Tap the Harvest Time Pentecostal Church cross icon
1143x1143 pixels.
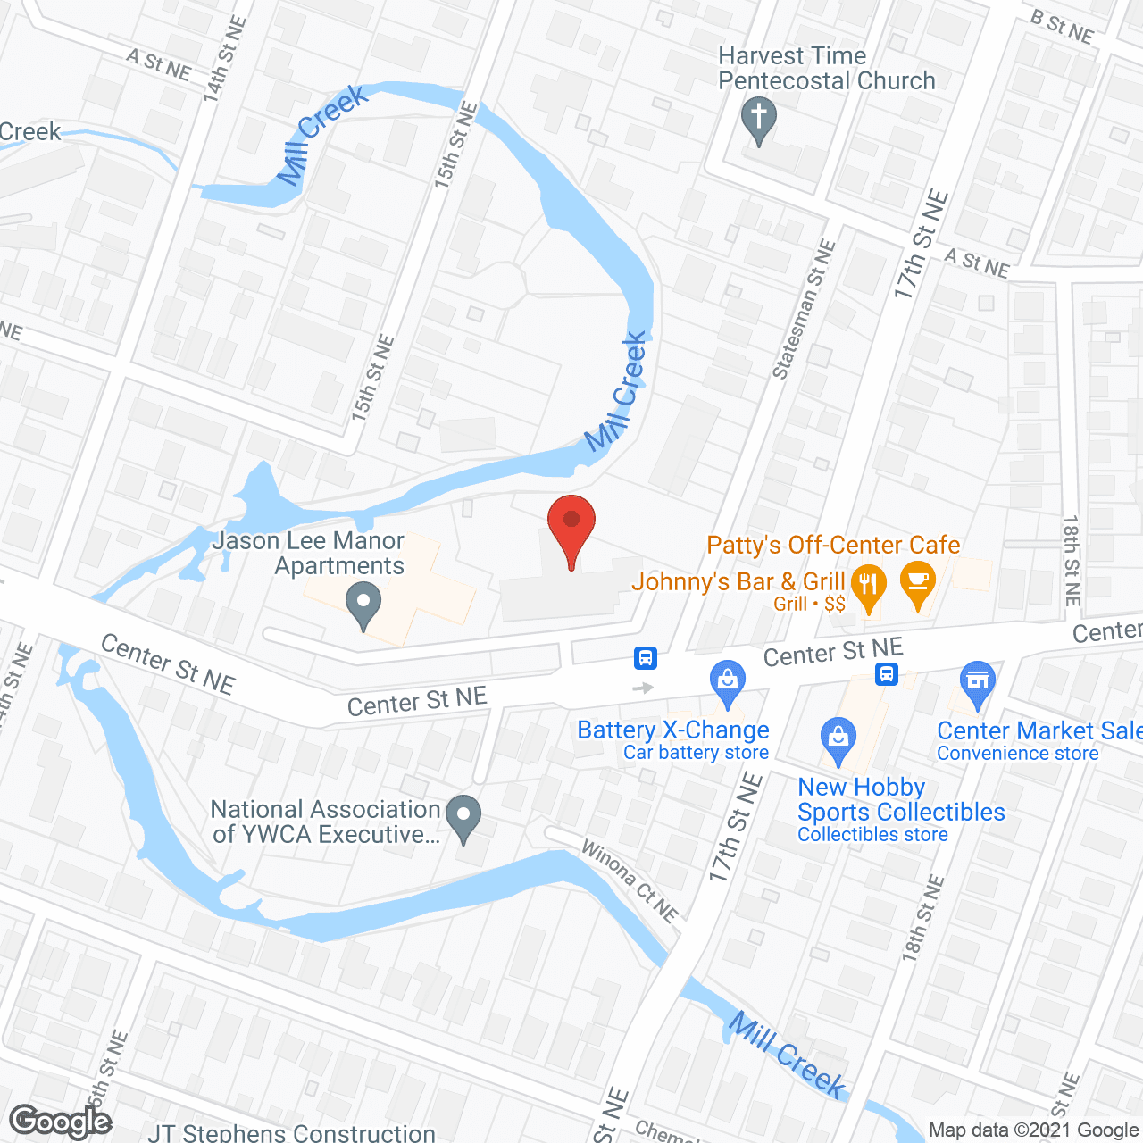point(759,119)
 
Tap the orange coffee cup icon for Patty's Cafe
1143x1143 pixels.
point(918,583)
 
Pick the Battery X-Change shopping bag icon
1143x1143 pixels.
point(728,681)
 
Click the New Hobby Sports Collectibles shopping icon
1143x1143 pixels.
point(838,739)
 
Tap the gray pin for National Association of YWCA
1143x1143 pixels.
point(463,816)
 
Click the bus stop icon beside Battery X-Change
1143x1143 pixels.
point(646,659)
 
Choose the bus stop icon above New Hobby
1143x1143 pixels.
point(887,673)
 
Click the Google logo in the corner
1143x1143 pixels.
point(61,1122)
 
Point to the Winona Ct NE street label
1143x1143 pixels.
point(630,880)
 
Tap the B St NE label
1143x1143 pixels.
point(1062,27)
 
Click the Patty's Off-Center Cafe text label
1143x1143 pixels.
point(833,545)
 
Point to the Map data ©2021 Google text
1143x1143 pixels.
point(1034,1130)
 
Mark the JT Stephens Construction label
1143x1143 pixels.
point(292,1133)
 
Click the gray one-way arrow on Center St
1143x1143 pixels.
point(643,688)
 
